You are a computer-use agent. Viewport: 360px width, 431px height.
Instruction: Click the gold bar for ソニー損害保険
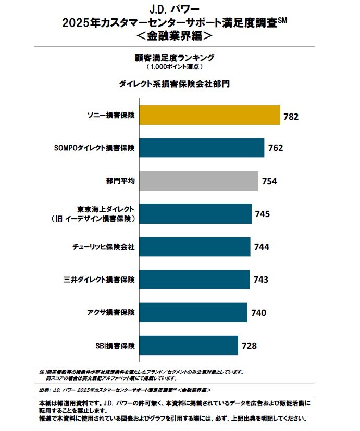pos(208,115)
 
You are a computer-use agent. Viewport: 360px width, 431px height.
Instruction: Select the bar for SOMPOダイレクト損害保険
pos(202,148)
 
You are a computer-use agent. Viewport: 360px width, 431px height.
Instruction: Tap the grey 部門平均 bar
pos(199,181)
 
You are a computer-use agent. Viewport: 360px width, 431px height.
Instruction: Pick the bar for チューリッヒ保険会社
pos(195,246)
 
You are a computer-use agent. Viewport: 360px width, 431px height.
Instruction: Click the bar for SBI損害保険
pos(189,345)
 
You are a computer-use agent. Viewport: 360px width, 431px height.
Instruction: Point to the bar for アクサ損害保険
pos(193,312)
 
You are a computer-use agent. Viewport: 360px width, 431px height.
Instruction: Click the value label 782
pos(291,117)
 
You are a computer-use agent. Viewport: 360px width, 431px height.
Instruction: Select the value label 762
pos(276,148)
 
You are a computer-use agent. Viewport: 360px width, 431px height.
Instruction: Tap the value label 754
pos(269,182)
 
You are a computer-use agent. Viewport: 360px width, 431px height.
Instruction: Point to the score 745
pos(263,214)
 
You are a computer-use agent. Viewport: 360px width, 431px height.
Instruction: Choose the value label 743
pos(261,280)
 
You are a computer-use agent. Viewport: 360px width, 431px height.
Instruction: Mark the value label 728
pos(249,346)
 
